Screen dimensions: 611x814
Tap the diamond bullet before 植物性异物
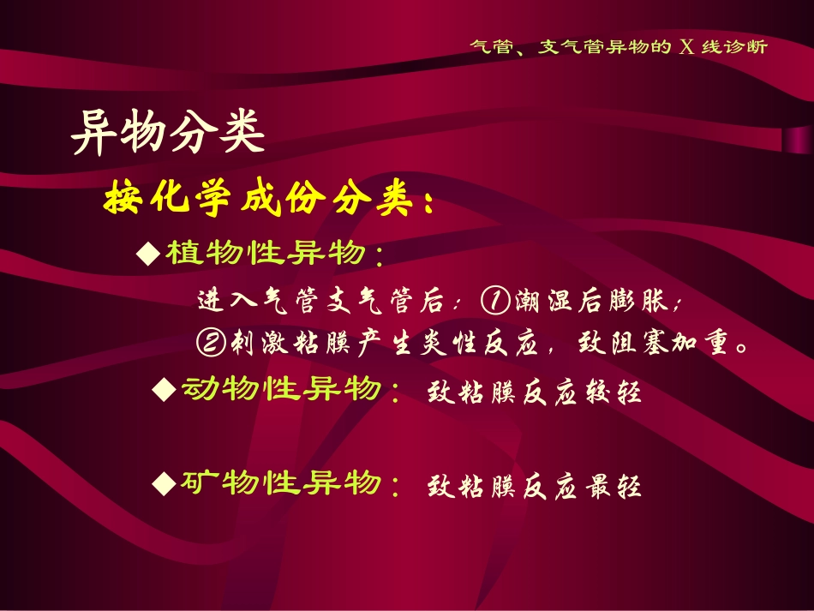(x=149, y=253)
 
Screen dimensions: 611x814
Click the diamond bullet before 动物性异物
(x=163, y=391)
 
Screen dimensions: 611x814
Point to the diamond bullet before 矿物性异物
(x=163, y=485)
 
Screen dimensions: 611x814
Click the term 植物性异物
(x=266, y=254)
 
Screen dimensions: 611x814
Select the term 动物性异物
(x=279, y=391)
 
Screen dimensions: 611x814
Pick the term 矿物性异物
(x=279, y=484)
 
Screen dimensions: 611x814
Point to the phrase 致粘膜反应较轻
(x=533, y=393)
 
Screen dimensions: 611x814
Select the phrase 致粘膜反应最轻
(x=533, y=488)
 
